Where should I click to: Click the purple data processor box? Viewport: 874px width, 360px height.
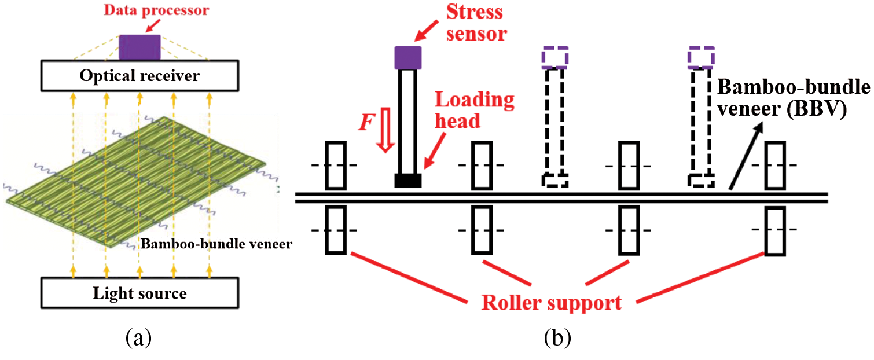click(139, 46)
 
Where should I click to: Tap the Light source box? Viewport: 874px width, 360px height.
click(140, 293)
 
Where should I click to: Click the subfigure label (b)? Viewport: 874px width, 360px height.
click(557, 337)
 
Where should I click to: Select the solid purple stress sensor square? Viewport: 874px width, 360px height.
click(408, 57)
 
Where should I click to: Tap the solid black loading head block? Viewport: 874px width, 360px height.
click(408, 180)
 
